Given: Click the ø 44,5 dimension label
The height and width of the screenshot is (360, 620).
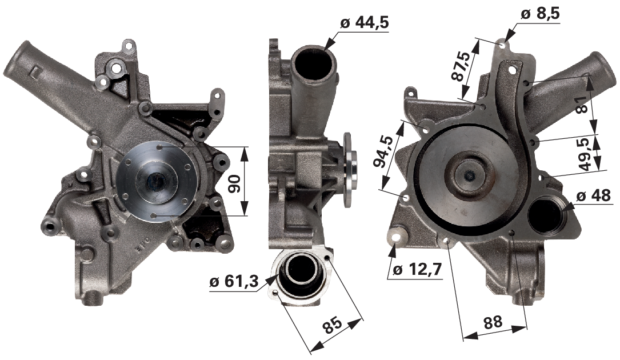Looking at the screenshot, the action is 364,22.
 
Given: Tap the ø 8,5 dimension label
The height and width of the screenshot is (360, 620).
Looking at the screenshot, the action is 540,14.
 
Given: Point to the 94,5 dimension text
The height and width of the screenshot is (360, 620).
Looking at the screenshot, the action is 383,151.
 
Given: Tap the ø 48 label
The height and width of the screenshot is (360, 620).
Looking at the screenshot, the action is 593,195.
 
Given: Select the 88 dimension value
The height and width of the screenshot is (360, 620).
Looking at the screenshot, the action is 494,322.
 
